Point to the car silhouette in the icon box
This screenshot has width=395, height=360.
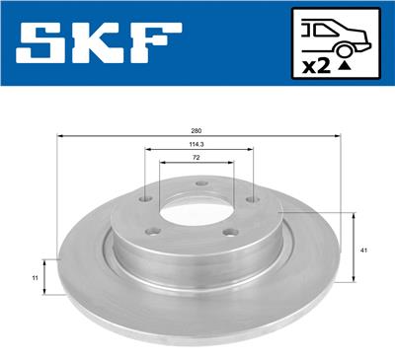(x=336, y=32)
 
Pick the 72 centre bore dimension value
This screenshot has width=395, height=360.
(x=197, y=158)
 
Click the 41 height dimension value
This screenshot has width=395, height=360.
(x=364, y=252)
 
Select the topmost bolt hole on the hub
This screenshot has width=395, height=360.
(x=199, y=181)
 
